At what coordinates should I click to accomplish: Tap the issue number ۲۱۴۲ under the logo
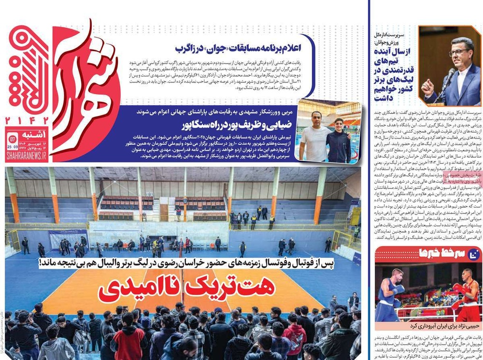(x=27, y=121)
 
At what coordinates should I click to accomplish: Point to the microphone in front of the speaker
(x=448, y=76)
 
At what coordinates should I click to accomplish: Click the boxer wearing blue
(x=390, y=294)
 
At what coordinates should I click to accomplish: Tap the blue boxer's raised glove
(x=399, y=289)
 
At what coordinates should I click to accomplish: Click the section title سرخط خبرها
(x=437, y=253)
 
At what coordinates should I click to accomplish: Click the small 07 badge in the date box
(x=14, y=140)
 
